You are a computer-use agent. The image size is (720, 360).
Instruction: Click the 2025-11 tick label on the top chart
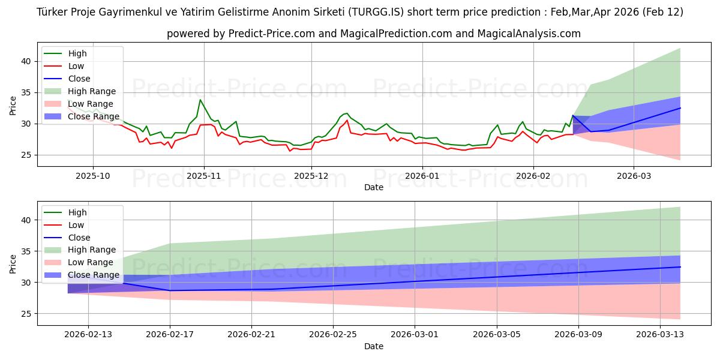[204, 176]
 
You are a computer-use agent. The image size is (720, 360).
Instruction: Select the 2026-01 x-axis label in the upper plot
[422, 176]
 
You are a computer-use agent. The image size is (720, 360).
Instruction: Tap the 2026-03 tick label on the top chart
[634, 176]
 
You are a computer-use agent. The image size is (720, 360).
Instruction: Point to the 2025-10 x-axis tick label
[93, 176]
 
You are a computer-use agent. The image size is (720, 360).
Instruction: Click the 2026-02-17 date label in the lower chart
[170, 335]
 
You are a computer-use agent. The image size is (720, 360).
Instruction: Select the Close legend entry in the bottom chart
[79, 238]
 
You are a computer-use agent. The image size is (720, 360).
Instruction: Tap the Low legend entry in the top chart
[76, 66]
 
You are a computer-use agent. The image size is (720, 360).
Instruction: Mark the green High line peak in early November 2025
[200, 100]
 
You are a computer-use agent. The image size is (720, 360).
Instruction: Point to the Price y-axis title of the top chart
[13, 105]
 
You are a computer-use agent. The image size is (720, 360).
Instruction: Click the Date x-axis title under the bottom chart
[373, 346]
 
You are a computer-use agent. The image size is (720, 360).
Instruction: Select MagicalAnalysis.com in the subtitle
[529, 34]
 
